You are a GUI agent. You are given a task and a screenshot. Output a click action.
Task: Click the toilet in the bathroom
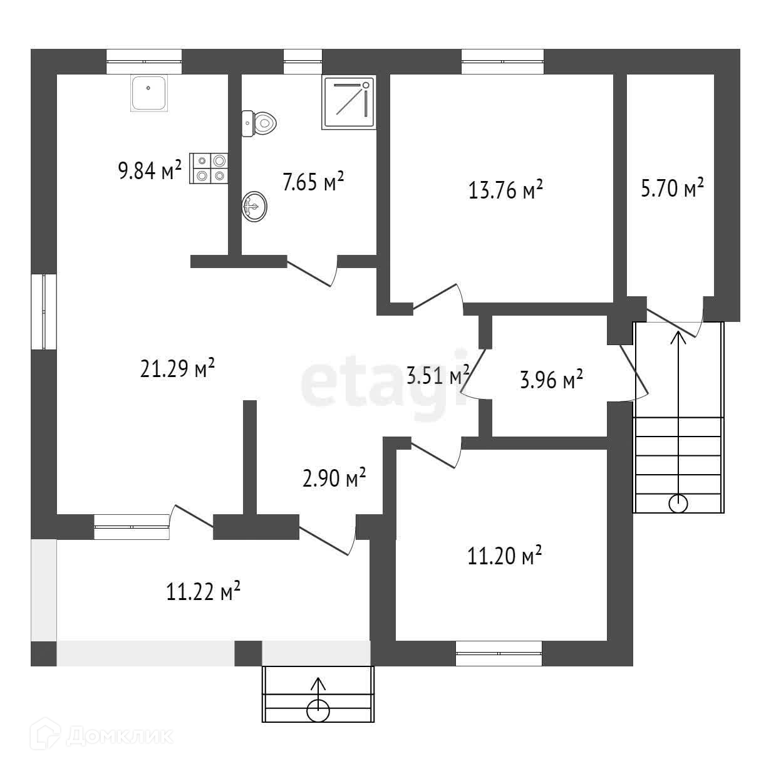[x=259, y=123]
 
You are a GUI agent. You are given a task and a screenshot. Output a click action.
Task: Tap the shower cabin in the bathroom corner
[x=349, y=103]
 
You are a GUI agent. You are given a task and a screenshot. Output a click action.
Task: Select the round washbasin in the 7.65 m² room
[x=254, y=207]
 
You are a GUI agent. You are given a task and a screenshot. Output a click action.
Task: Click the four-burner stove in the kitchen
[x=209, y=168]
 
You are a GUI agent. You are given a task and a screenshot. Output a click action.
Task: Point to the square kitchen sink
[x=148, y=93]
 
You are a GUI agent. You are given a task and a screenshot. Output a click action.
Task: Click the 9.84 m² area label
[x=150, y=170]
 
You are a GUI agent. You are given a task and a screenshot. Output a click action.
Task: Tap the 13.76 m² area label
[x=505, y=190]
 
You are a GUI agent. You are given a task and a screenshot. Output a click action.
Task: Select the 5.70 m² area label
[x=672, y=188]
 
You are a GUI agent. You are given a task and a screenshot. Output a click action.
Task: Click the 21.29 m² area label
[x=178, y=368]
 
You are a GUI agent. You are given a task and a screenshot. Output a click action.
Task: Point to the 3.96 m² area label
[x=551, y=379]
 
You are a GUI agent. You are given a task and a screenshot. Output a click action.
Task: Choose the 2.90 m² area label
[x=334, y=478]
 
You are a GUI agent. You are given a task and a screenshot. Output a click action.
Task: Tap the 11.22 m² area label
[x=204, y=592]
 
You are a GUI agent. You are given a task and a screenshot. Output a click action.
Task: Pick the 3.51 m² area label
[x=438, y=376]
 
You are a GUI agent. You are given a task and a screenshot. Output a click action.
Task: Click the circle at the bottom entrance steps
[x=318, y=711]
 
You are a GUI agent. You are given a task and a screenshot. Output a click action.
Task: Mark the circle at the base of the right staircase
[x=678, y=503]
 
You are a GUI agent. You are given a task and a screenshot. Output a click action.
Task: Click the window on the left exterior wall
[x=44, y=312]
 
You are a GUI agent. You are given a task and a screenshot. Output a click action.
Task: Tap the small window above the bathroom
[x=303, y=61]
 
